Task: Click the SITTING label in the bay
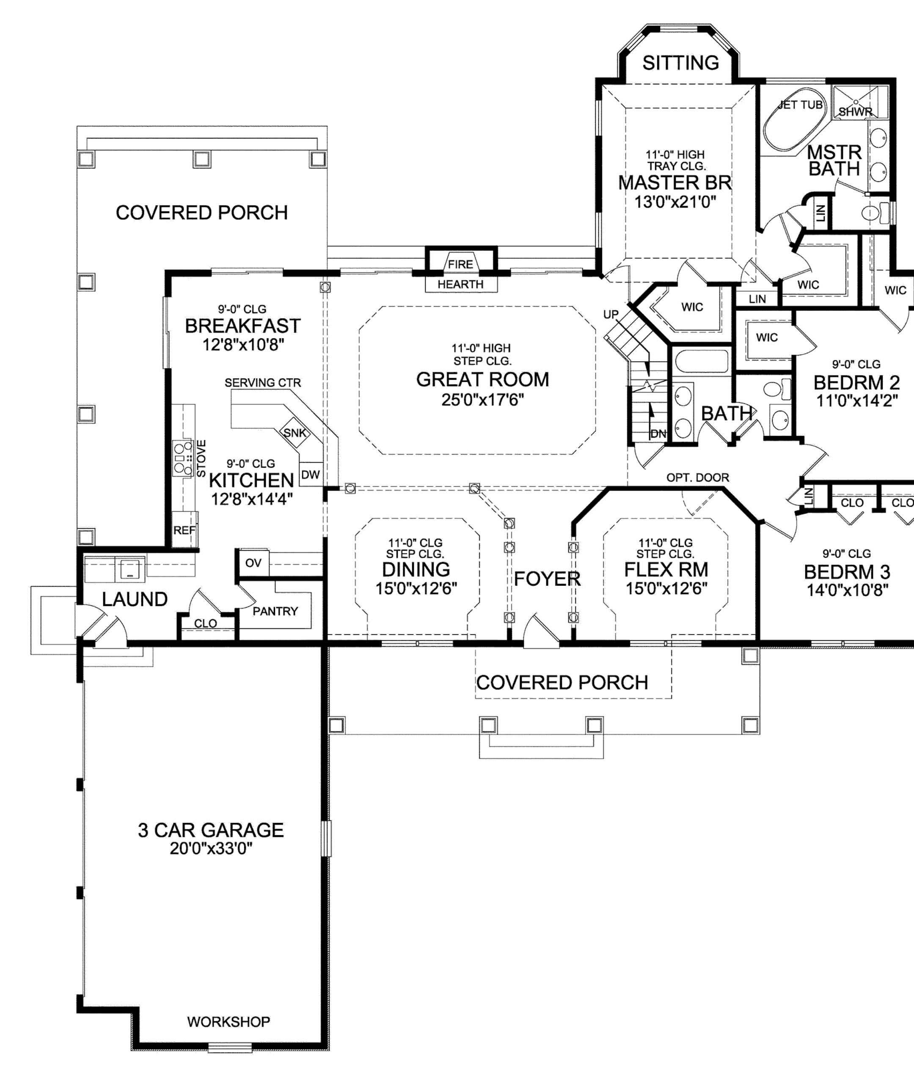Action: pyautogui.click(x=680, y=63)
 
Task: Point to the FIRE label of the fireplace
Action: pyautogui.click(x=460, y=264)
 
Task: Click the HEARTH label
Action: pyautogui.click(x=460, y=284)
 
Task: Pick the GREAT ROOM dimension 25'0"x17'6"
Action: pyautogui.click(x=483, y=400)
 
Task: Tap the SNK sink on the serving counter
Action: pyautogui.click(x=295, y=433)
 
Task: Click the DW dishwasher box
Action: pyautogui.click(x=310, y=474)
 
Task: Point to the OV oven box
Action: pyautogui.click(x=253, y=562)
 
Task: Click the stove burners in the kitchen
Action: pyautogui.click(x=181, y=458)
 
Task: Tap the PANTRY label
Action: pyautogui.click(x=275, y=611)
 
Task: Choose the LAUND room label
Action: pyautogui.click(x=135, y=599)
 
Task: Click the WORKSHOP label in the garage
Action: pyautogui.click(x=228, y=1022)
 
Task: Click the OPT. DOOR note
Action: pyautogui.click(x=697, y=477)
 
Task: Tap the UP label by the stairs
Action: pyautogui.click(x=611, y=315)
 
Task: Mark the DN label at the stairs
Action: pyautogui.click(x=658, y=433)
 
